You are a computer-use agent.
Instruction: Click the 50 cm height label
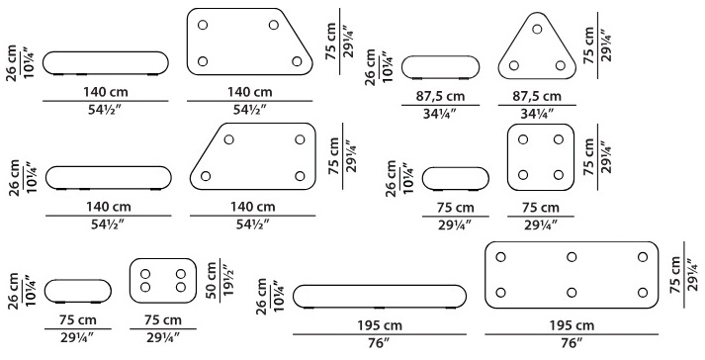[x=212, y=281]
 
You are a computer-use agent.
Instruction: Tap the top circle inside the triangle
[x=537, y=30]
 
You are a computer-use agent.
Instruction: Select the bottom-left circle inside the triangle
[x=514, y=65]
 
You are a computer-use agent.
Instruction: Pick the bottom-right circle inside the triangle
[x=561, y=65]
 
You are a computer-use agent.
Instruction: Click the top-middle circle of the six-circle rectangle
[x=572, y=257]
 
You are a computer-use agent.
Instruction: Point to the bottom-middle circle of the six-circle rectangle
[x=572, y=293]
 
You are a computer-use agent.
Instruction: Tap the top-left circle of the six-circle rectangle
[x=500, y=257]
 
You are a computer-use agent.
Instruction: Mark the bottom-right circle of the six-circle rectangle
[x=643, y=293]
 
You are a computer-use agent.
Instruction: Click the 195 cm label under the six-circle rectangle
[x=572, y=325]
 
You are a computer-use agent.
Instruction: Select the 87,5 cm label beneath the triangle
[x=537, y=96]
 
